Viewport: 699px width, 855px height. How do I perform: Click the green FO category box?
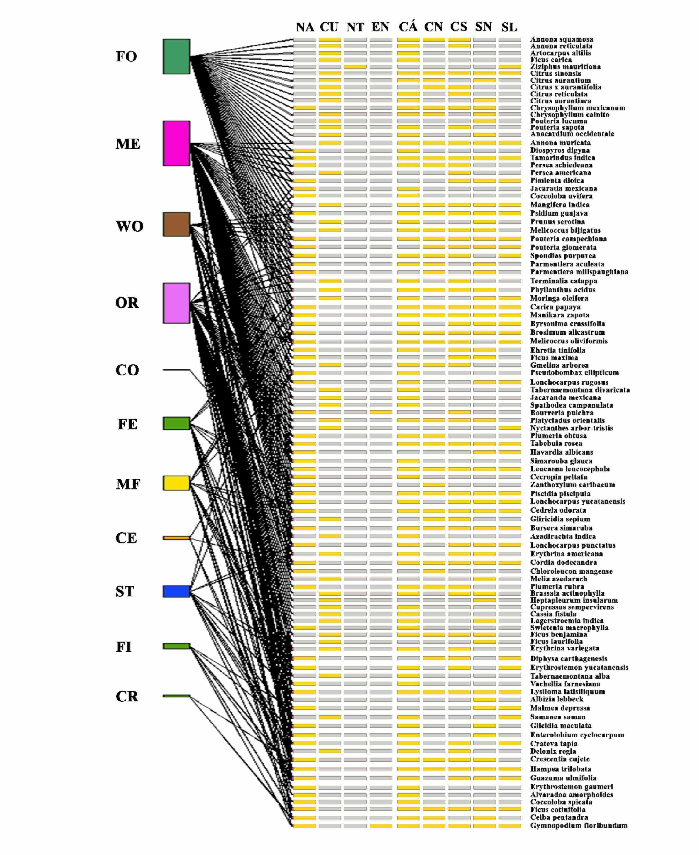[177, 56]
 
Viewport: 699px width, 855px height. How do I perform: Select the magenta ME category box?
[177, 143]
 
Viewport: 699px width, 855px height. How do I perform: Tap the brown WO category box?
[177, 225]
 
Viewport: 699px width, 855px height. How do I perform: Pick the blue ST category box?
[177, 591]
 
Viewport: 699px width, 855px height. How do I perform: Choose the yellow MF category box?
[177, 483]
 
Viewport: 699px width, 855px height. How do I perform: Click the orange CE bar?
[177, 538]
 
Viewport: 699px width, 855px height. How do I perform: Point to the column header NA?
[304, 27]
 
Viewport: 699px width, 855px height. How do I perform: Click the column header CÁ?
[408, 27]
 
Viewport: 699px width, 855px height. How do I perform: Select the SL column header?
[509, 27]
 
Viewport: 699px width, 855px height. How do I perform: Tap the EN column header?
[380, 27]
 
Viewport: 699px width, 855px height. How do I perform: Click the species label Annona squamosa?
[561, 39]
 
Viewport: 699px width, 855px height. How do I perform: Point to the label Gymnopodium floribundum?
[579, 826]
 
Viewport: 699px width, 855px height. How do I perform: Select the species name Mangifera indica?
[560, 205]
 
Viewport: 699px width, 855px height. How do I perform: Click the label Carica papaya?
[555, 307]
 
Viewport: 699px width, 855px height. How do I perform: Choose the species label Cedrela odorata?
[558, 510]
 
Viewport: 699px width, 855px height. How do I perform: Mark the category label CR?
[127, 696]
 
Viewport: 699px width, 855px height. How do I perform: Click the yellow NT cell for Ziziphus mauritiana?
[355, 67]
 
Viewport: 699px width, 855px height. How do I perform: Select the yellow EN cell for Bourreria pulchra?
[380, 412]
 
